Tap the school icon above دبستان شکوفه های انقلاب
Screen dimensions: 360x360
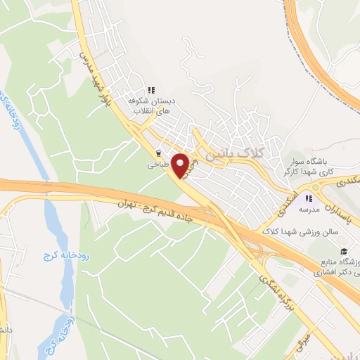pyautogui.click(x=150, y=89)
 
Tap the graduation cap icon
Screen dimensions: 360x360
pyautogui.click(x=344, y=252)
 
